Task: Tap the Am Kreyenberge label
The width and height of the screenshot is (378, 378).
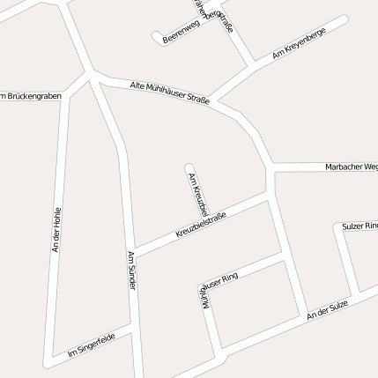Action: click(x=299, y=42)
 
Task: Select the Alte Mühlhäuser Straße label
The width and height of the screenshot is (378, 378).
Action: click(x=169, y=92)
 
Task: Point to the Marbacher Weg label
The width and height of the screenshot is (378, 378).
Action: click(x=352, y=166)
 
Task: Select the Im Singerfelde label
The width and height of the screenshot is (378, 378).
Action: click(x=91, y=345)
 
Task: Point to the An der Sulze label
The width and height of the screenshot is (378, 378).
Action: click(x=328, y=309)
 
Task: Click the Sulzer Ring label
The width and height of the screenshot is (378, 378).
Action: click(x=359, y=226)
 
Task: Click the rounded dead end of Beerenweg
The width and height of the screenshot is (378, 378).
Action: click(x=158, y=38)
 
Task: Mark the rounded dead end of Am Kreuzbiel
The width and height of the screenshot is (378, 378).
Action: click(x=189, y=166)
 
